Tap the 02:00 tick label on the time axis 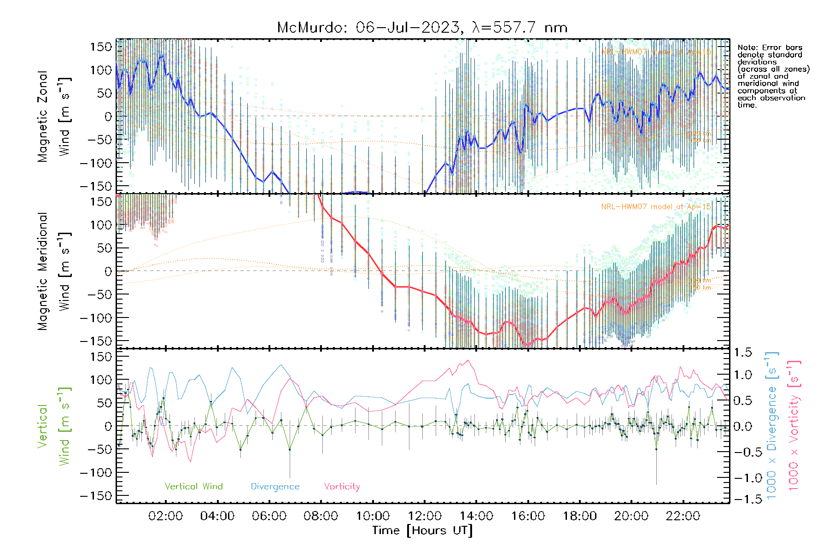[x=165, y=516]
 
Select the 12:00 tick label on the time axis [x=424, y=516]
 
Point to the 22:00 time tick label [x=683, y=516]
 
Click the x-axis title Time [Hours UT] [x=422, y=530]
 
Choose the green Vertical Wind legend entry [x=193, y=486]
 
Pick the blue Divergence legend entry [x=275, y=486]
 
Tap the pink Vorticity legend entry [x=342, y=486]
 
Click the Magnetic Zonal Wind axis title [x=54, y=116]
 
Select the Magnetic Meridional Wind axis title [x=54, y=271]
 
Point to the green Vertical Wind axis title [x=54, y=426]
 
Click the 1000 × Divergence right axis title [x=772, y=426]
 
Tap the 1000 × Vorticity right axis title [x=794, y=426]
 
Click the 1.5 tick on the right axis [x=742, y=353]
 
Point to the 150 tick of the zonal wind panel [x=101, y=47]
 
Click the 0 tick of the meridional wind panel [x=108, y=271]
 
